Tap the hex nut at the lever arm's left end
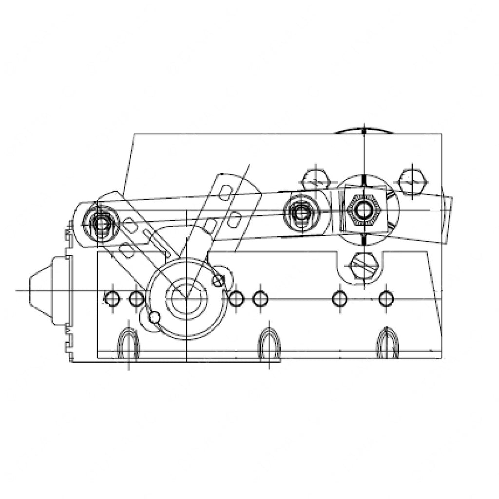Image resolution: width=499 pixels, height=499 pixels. tap(101, 224)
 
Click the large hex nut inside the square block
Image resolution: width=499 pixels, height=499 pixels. tap(363, 211)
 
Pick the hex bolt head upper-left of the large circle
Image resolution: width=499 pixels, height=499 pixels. tap(316, 181)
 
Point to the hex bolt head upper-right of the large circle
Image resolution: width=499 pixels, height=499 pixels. tap(412, 182)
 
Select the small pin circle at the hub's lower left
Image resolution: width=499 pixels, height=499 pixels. tap(154, 318)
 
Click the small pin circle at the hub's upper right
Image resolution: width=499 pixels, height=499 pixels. tap(219, 280)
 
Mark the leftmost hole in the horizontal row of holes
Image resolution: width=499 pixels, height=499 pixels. tap(112, 298)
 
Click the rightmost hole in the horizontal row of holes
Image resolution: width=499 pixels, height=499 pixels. tap(386, 298)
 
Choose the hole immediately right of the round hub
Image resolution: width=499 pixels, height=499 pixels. tap(236, 298)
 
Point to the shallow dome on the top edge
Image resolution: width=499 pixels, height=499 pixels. tap(364, 130)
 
